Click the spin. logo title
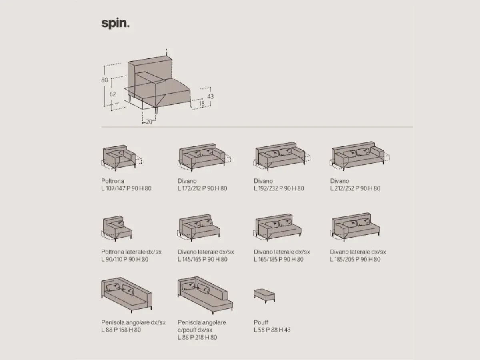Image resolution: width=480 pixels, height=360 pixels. (115, 23)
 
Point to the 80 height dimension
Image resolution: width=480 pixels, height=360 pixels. (104, 80)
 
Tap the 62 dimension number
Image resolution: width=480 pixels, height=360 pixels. (113, 94)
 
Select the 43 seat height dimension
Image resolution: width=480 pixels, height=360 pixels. (210, 96)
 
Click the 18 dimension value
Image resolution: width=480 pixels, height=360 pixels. (202, 103)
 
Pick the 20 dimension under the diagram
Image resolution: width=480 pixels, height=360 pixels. (149, 122)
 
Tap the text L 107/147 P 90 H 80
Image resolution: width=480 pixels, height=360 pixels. (126, 188)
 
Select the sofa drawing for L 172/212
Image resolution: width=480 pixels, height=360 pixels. (204, 157)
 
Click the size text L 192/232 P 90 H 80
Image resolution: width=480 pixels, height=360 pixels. (279, 188)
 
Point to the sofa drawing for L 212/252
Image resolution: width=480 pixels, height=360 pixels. (360, 156)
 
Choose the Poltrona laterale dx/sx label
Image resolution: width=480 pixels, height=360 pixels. (132, 252)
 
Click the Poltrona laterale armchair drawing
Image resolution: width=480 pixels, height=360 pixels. (117, 229)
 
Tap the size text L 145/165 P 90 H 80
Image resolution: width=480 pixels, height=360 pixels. (202, 259)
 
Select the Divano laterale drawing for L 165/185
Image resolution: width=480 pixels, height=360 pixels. (277, 227)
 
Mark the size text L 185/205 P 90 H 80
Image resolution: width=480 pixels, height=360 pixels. (355, 259)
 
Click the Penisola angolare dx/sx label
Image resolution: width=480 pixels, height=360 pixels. (133, 322)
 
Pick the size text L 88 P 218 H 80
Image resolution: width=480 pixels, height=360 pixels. (197, 337)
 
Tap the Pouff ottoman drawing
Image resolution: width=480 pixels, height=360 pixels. (265, 296)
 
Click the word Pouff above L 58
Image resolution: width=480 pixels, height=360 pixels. (261, 322)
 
